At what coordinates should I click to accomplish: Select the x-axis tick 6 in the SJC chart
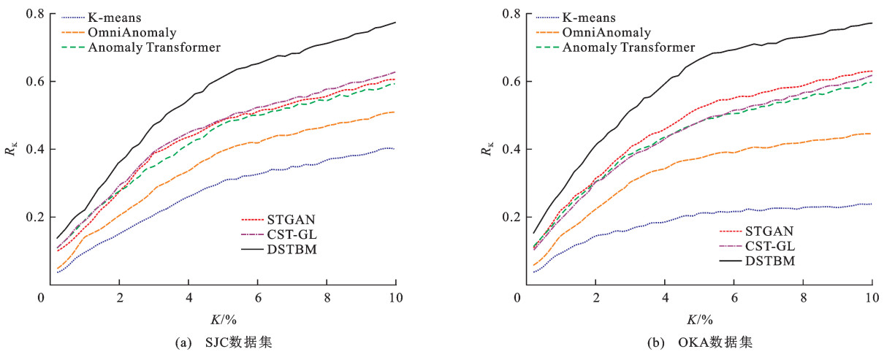tap(257, 297)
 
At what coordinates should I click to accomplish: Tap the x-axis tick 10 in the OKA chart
tap(871, 297)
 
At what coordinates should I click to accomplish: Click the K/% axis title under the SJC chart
tap(224, 318)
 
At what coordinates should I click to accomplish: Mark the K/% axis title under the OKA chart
tap(699, 318)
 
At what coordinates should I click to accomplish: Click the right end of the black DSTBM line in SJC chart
tap(395, 23)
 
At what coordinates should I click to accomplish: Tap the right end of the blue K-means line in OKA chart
tap(872, 204)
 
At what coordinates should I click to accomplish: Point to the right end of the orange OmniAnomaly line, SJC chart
tap(395, 112)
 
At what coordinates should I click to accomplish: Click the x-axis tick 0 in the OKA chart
tap(517, 297)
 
